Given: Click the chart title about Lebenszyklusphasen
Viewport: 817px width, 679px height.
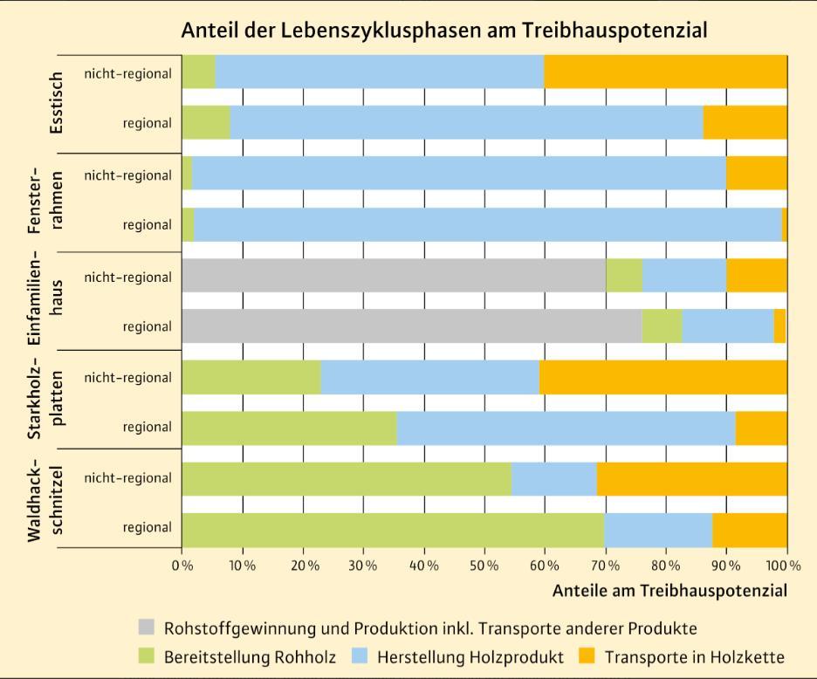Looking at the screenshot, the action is tap(444, 30).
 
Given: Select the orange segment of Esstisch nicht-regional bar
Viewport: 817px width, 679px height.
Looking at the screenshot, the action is tap(665, 72).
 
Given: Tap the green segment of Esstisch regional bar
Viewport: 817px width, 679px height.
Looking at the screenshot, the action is tap(206, 122).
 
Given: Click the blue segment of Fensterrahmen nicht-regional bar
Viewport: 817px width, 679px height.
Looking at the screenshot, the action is tap(459, 173).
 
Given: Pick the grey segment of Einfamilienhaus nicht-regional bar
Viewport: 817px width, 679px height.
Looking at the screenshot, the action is tap(394, 275).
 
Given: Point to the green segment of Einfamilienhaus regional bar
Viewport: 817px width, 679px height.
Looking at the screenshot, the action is tap(663, 326).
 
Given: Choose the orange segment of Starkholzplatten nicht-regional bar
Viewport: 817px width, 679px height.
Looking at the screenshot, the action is tap(663, 377).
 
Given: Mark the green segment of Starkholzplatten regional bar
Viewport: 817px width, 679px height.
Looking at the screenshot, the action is tap(290, 428).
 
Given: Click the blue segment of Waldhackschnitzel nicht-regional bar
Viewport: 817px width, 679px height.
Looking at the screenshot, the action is tap(554, 479).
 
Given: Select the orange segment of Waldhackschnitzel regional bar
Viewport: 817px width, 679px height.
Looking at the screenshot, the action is tap(750, 530).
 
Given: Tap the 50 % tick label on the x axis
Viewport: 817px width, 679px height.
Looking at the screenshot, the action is tap(484, 566).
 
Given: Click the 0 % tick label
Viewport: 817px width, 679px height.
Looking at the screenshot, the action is tap(182, 566).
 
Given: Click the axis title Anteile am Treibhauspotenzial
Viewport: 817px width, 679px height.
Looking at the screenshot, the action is tap(669, 590).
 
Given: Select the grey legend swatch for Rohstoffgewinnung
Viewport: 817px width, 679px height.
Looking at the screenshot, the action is tap(147, 627).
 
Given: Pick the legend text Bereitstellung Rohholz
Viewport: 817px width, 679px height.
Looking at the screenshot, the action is tap(250, 656).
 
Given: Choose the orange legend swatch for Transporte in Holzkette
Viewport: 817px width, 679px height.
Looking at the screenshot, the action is tap(587, 655).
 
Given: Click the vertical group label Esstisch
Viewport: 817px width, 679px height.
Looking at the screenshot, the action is tap(56, 103).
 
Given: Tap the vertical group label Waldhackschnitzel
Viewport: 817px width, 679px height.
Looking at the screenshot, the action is tap(45, 499).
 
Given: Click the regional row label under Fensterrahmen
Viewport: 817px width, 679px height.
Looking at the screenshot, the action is tap(147, 225).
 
